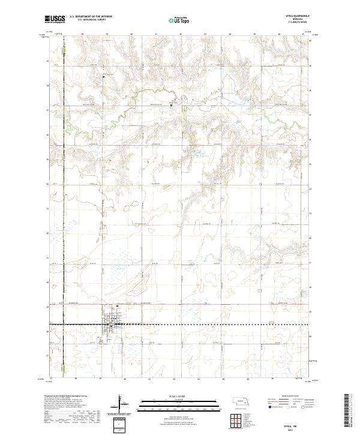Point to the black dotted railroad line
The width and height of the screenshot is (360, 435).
210,325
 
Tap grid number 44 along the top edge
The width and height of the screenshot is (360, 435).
230,34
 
